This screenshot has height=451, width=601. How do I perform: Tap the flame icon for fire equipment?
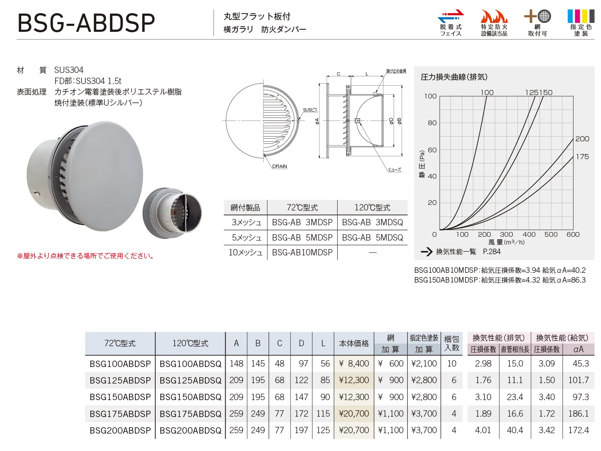494,16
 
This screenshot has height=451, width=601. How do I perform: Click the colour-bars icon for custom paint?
581,16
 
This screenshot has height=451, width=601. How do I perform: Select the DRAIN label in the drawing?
280,166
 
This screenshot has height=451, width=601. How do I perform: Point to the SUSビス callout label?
310,110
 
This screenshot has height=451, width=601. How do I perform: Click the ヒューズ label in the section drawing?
394,170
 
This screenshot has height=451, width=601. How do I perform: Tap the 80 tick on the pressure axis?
432,123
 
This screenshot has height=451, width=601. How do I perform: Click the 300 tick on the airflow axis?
506,234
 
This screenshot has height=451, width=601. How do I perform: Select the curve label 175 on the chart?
582,157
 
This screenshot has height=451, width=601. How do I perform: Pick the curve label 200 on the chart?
582,139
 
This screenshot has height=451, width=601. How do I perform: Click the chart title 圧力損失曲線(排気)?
454,77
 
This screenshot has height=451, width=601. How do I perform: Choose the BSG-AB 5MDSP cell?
302,238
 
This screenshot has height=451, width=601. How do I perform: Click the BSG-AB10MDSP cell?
302,252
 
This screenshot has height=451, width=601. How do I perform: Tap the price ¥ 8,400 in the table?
354,363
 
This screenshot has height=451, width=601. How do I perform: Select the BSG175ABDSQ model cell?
190,414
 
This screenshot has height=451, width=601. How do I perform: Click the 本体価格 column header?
354,343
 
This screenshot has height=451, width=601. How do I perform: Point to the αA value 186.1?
578,414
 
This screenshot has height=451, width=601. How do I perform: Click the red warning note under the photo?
86,256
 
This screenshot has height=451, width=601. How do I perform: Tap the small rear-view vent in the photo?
173,213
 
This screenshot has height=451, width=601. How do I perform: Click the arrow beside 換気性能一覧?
427,252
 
